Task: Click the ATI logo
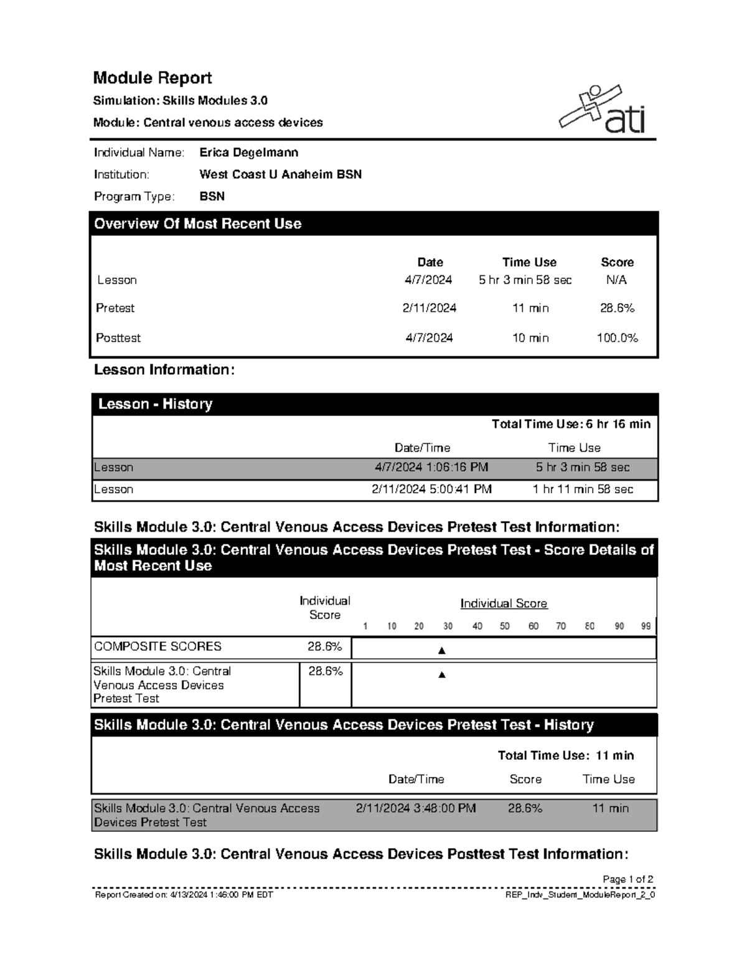pos(603,111)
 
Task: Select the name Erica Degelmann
pos(248,153)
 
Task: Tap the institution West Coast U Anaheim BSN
pos(280,174)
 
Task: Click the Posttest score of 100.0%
pos(617,338)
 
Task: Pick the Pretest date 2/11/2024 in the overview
pos(429,308)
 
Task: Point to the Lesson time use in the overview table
pos(525,280)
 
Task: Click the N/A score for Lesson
pos(616,280)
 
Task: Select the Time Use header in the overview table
pos(529,262)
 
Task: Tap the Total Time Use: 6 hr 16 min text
pos(571,424)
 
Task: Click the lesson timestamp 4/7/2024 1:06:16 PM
pos(431,467)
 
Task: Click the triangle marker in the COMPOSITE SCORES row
pos(442,651)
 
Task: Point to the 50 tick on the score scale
pos(505,626)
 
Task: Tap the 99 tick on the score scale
pos(646,626)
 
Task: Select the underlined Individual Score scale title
pos(504,603)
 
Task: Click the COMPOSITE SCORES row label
pos(157,646)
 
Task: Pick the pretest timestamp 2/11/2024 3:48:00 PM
pos(416,808)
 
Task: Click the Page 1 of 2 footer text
pos(627,879)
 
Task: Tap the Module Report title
pos(153,78)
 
